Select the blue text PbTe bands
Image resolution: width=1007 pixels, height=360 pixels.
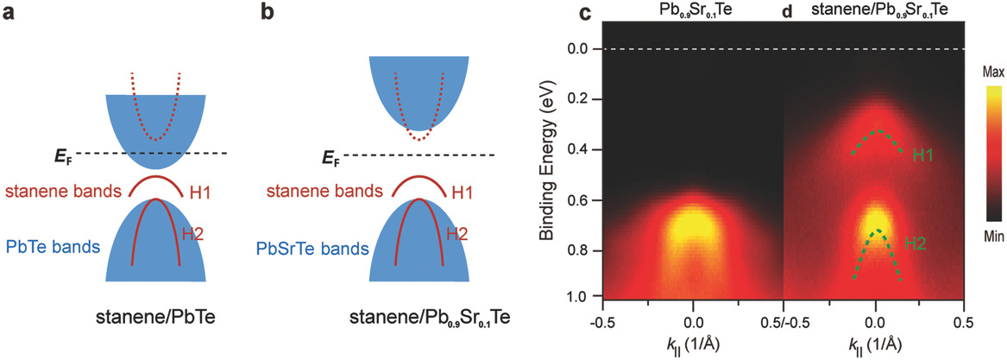[53, 247]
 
